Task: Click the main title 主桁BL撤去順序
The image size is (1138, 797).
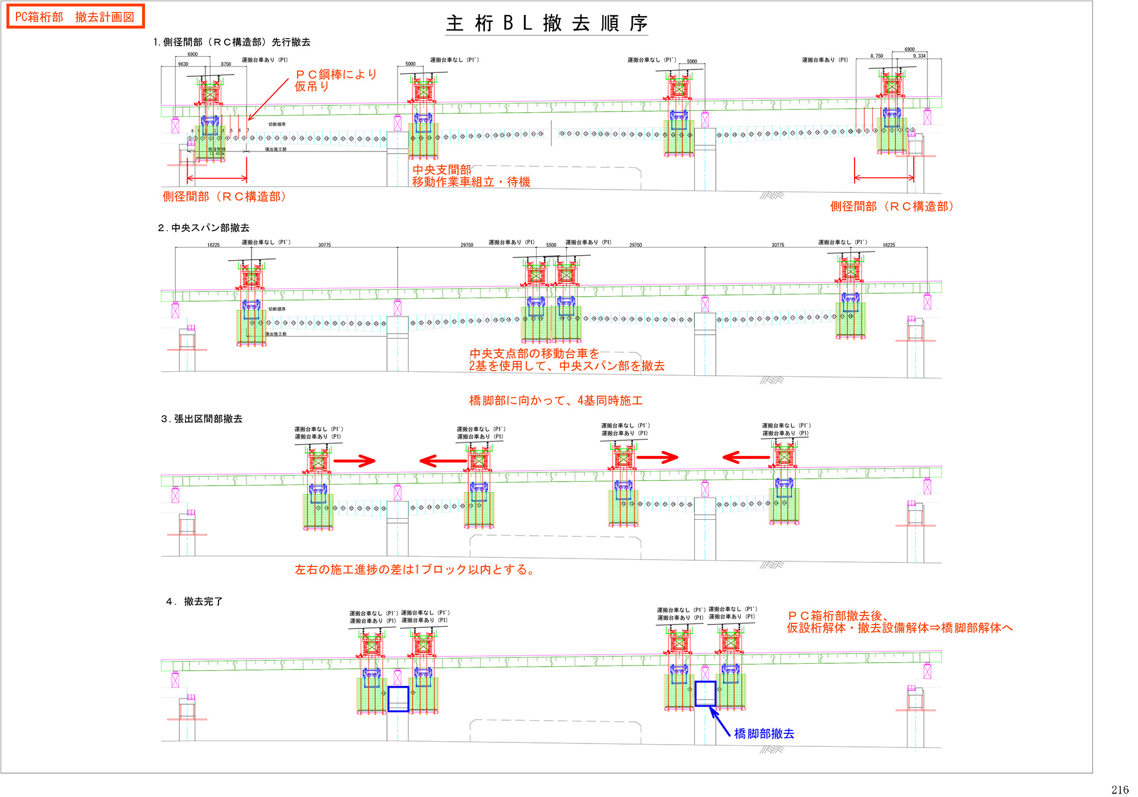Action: click(x=546, y=23)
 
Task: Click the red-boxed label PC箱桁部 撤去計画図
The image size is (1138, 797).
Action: click(x=75, y=17)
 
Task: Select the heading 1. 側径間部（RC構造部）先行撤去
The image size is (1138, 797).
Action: click(x=232, y=42)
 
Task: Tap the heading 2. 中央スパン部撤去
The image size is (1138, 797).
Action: click(x=204, y=228)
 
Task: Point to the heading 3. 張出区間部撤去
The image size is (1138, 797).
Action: click(x=202, y=419)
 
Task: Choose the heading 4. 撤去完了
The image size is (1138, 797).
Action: click(x=195, y=602)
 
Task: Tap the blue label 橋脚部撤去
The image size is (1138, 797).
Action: click(x=764, y=734)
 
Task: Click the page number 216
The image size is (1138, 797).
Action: click(x=1119, y=790)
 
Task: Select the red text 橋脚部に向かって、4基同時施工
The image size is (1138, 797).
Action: click(x=556, y=401)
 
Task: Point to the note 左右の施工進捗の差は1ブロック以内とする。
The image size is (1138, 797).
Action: click(x=415, y=570)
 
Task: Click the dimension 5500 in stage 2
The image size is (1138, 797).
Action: click(x=551, y=245)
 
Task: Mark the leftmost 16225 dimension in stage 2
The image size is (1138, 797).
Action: click(x=213, y=245)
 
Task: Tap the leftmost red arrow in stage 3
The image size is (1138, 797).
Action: click(x=354, y=461)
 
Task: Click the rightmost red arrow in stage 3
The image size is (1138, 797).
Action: click(x=746, y=457)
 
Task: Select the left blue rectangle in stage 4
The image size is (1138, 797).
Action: click(x=398, y=699)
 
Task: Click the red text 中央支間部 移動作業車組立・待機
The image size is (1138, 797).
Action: click(x=471, y=176)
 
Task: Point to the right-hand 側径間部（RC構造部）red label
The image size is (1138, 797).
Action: click(x=892, y=207)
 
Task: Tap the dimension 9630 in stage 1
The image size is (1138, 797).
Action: click(x=183, y=64)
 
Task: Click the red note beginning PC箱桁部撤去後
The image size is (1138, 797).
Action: click(x=899, y=622)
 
